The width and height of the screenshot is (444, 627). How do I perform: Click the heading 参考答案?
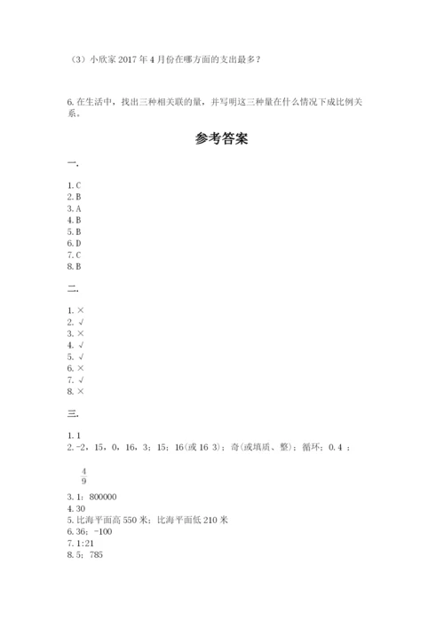[221, 138]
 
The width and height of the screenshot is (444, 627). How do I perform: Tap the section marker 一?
[73, 165]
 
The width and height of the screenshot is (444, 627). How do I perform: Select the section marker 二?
[73, 289]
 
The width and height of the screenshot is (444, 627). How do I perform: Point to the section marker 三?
[73, 412]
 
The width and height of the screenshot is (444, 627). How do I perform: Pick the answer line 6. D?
[75, 242]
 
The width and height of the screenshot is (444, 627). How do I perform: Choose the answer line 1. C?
[75, 184]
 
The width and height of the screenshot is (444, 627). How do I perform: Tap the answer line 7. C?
[75, 254]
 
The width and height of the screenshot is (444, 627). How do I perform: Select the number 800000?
[105, 498]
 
